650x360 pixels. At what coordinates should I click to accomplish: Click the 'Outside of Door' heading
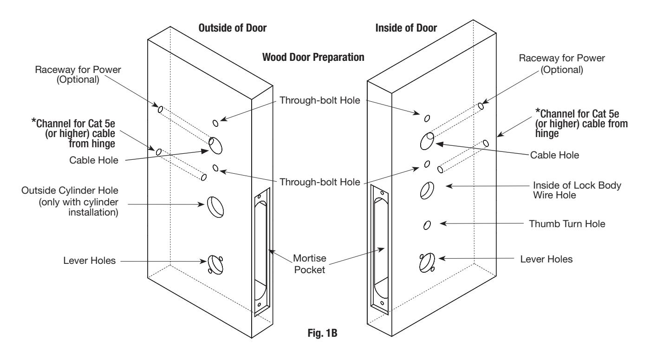pos(233,28)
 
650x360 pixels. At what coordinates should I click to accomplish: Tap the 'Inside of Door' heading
pos(406,28)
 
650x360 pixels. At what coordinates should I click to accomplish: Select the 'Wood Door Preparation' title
pos(313,57)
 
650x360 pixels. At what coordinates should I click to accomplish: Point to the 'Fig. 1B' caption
pos(322,333)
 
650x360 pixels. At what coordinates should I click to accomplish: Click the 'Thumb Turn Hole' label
pos(567,224)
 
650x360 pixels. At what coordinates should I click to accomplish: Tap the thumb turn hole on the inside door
pos(427,225)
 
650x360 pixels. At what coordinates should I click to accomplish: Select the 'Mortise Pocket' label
pos(309,264)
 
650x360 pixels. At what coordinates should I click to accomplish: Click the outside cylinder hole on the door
pos(215,207)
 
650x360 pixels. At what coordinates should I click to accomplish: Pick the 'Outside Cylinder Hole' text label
pos(70,201)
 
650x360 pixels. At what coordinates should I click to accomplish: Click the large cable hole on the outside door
pos(215,145)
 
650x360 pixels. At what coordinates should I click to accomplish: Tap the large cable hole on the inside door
pos(427,141)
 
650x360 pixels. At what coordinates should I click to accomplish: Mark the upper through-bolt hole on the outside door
pos(215,123)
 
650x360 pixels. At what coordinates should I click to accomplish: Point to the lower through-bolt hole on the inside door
pos(427,164)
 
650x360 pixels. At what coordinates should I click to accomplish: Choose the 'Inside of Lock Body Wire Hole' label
pos(577,190)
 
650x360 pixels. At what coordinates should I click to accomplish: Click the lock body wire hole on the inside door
pos(427,190)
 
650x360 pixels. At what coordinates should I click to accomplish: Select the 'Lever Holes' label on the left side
pos(89,261)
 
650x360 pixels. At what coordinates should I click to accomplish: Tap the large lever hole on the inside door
pos(427,262)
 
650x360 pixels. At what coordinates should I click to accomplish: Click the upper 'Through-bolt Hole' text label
pos(319,100)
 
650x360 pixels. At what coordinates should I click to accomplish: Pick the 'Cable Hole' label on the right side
pos(554,155)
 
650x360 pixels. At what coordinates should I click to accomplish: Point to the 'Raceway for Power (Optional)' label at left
pos(78,74)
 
